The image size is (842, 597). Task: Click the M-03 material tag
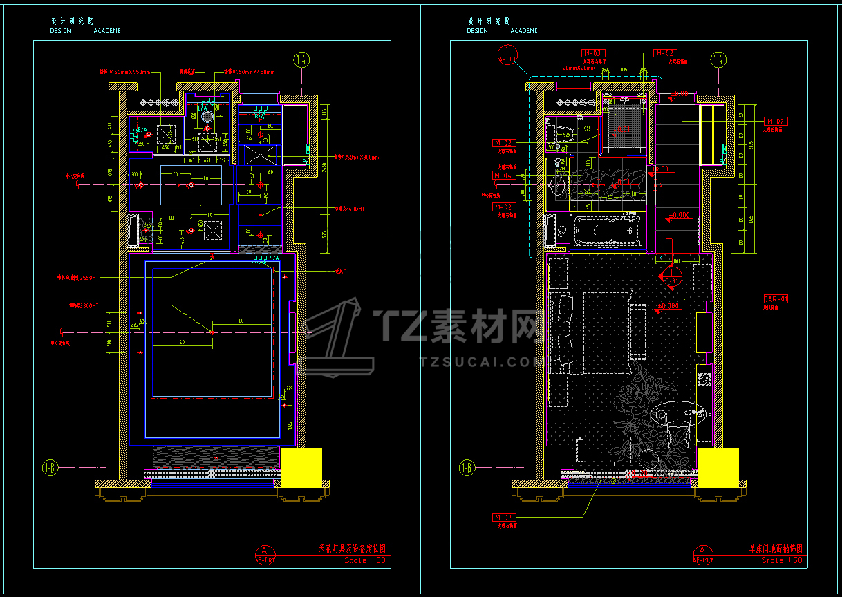point(593,53)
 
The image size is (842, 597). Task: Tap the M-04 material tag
point(503,176)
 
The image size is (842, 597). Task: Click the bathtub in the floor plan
point(604,232)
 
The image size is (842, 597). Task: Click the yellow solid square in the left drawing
point(301,468)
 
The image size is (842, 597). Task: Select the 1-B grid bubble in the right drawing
point(467,468)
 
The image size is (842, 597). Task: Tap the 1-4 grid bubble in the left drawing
point(301,59)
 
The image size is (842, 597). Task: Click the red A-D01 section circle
point(507,54)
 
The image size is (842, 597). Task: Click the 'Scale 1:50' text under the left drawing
point(365,560)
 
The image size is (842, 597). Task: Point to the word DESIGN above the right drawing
point(477,31)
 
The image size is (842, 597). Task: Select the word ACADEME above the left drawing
point(107,31)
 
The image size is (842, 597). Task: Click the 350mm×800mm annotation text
point(361,157)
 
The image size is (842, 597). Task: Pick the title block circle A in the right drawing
point(702,551)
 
